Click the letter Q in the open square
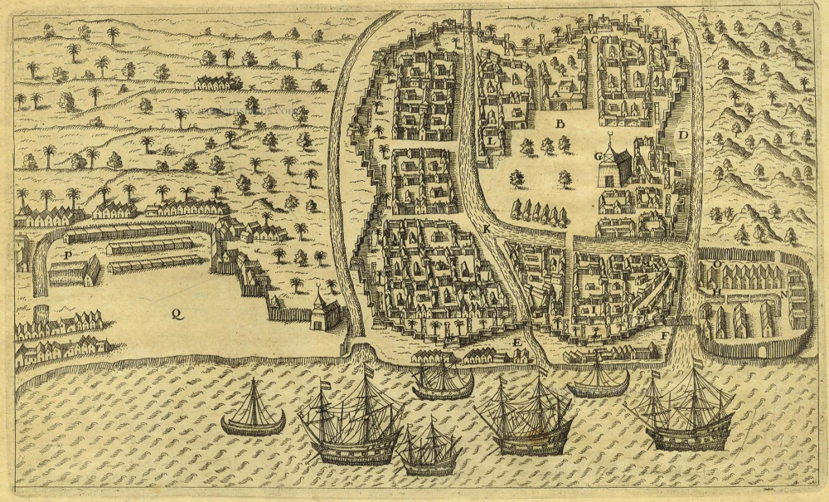pos(175,313)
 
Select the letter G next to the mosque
pos(597,156)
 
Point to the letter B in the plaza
pos(560,124)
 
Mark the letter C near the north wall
pos(594,40)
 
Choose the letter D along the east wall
pos(683,134)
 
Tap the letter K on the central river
pos(487,227)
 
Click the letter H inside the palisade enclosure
pos(715,291)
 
